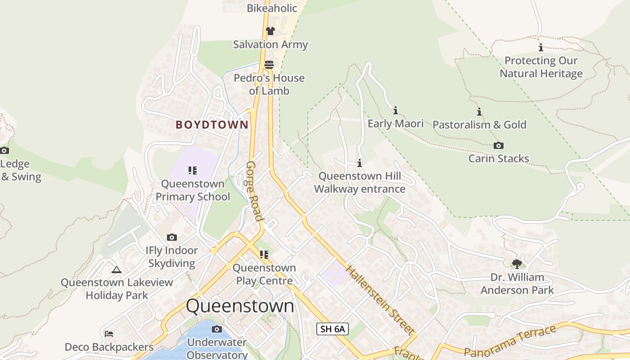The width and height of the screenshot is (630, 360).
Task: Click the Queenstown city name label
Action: (x=240, y=306)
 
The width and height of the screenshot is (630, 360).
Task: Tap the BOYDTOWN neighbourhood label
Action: (x=211, y=125)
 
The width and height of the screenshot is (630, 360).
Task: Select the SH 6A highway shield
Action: (x=333, y=329)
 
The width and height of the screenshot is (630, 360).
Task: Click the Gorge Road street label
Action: (x=254, y=191)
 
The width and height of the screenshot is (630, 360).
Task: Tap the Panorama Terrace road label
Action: (x=509, y=342)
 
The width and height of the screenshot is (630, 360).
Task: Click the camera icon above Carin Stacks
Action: (x=498, y=145)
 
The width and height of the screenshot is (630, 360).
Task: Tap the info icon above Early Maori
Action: (x=396, y=110)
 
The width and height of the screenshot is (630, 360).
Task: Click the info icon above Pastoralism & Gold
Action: (x=479, y=112)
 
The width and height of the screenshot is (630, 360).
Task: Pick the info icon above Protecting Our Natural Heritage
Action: (x=541, y=47)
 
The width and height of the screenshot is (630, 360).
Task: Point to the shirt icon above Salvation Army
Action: (x=270, y=31)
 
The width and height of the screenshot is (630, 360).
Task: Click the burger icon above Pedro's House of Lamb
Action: (x=269, y=65)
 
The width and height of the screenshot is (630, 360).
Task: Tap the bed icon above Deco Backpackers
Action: (x=109, y=334)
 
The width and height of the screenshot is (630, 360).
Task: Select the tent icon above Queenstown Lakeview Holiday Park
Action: (x=117, y=270)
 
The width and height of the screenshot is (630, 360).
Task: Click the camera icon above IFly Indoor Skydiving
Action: (x=171, y=237)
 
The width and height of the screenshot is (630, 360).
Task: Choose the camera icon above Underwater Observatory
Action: (x=217, y=329)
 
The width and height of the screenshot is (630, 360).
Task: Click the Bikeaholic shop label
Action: (x=272, y=8)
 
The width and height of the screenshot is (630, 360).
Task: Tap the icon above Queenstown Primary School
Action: (x=193, y=171)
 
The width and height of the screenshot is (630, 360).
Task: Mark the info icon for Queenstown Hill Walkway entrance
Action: (x=360, y=163)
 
